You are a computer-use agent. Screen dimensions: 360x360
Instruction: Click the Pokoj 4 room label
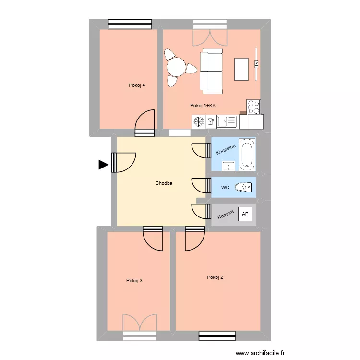point(137,85)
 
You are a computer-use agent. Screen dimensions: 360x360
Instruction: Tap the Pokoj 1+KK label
point(203,106)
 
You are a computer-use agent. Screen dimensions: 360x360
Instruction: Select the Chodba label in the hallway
point(164,183)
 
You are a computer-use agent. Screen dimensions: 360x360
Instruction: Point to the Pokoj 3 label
point(134,281)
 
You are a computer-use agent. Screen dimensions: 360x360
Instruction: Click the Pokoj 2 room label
point(215,277)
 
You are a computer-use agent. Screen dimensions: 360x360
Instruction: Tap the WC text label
point(225,187)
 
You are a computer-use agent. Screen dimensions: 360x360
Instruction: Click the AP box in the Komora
point(245,214)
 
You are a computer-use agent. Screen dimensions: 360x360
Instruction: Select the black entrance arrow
point(103,165)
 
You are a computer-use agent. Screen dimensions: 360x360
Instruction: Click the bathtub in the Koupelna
point(247,155)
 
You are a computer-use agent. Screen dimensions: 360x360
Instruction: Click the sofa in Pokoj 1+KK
point(211,72)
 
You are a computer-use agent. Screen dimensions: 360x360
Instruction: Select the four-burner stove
point(253,107)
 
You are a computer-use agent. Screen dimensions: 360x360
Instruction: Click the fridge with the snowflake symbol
point(198,122)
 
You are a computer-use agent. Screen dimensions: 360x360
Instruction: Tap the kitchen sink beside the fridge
point(227,122)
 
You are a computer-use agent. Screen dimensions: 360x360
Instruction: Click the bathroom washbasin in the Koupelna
point(228,167)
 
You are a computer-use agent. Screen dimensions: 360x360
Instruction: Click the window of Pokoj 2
point(216,336)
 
